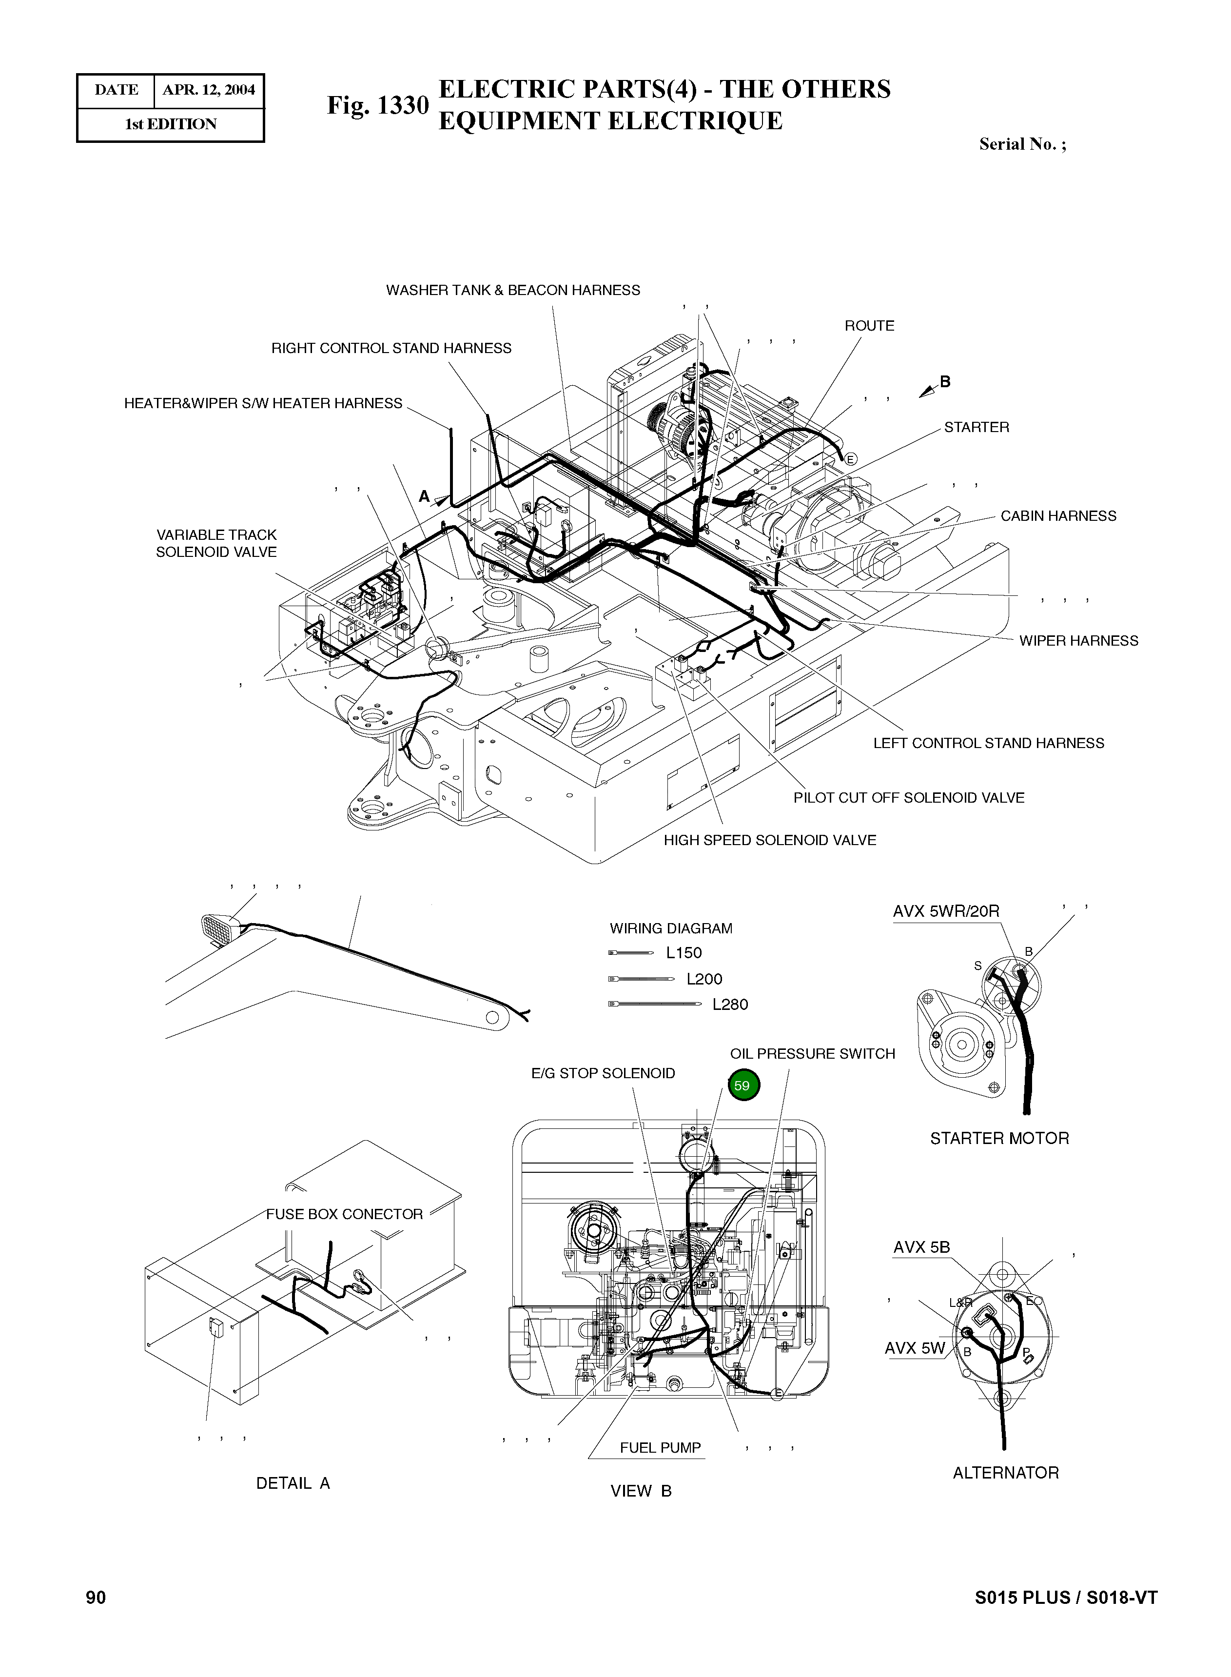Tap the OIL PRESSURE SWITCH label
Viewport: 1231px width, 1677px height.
point(812,1053)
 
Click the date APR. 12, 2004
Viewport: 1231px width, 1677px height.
point(209,90)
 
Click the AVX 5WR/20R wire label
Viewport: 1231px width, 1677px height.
point(946,911)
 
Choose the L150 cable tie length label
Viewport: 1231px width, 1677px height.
point(684,952)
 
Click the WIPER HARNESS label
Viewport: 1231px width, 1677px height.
point(1078,640)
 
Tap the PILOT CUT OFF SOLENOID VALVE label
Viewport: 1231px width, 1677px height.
point(908,797)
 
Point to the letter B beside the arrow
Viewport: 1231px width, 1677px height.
point(945,382)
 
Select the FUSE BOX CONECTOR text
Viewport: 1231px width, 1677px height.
point(344,1214)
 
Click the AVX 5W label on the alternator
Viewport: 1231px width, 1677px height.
point(914,1347)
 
